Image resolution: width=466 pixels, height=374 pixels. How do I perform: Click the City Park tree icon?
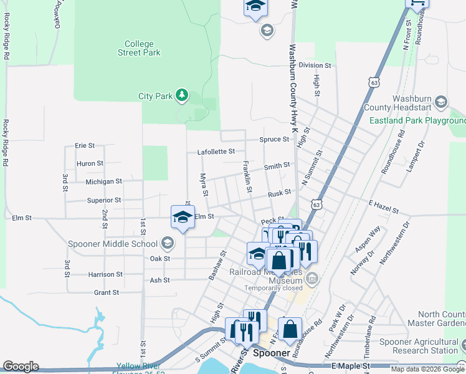(x=181, y=95)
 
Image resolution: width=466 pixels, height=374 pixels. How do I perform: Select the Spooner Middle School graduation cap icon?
(x=167, y=242)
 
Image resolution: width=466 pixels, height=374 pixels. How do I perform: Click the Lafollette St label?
(x=216, y=151)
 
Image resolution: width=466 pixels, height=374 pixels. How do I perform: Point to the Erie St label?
(x=84, y=145)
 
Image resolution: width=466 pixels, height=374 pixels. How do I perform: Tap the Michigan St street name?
(x=103, y=181)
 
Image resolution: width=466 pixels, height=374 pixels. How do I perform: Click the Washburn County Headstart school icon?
(x=441, y=102)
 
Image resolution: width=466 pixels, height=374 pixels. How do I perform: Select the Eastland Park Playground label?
(x=417, y=120)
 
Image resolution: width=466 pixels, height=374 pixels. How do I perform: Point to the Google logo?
(x=21, y=367)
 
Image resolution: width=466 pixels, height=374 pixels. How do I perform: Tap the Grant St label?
(x=106, y=292)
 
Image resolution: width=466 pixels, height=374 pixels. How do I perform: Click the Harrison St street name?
(x=105, y=274)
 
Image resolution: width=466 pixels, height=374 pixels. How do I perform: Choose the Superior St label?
(x=104, y=200)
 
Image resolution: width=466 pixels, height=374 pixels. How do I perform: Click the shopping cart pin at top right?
(x=417, y=4)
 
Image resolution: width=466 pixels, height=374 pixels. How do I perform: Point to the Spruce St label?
(x=274, y=140)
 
